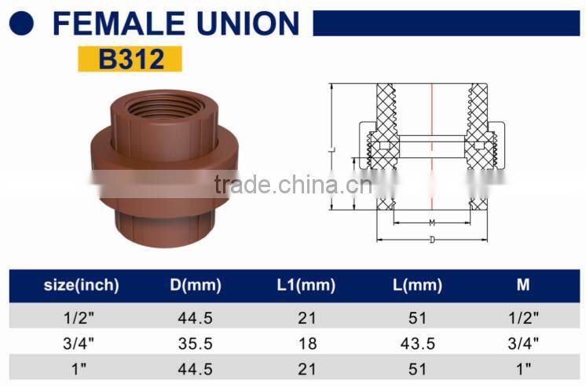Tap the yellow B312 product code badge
pos(130,59)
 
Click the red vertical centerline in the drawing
pos(432,142)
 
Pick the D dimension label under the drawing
pos(432,239)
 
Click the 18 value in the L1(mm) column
pos(307,342)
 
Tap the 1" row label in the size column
pos(81,366)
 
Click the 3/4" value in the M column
pos(523,342)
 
